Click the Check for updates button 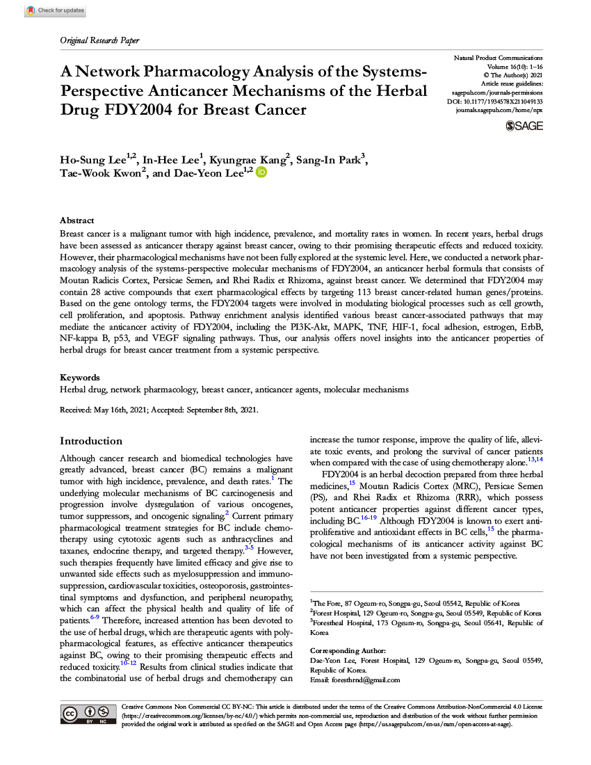click(x=55, y=10)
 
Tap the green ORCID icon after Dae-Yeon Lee click(x=261, y=172)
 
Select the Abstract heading click(x=76, y=219)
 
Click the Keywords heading click(x=80, y=378)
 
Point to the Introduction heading click(x=91, y=441)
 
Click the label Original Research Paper click(x=99, y=40)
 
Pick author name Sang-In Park click(x=328, y=160)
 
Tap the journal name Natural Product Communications click(x=498, y=57)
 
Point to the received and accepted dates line click(x=159, y=410)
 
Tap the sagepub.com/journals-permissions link click(x=497, y=92)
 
